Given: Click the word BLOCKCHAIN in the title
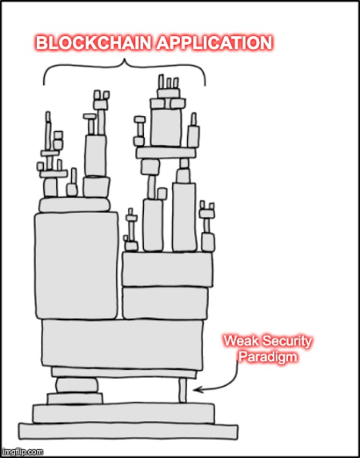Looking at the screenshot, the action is click(x=93, y=43).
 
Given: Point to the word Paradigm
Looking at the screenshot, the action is click(x=268, y=357).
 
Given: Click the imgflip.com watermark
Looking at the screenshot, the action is click(x=22, y=452).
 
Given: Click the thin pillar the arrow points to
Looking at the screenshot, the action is click(x=182, y=391).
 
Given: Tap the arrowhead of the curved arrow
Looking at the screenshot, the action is click(x=196, y=390).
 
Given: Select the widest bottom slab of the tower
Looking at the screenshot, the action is click(x=128, y=432).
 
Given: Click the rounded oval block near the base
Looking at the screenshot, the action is click(x=77, y=385).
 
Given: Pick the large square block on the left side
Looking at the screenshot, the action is click(x=77, y=266).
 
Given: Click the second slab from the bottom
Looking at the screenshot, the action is click(x=124, y=413).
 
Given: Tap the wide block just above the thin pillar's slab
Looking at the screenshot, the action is click(x=122, y=343).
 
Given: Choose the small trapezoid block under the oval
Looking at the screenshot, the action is click(x=75, y=399).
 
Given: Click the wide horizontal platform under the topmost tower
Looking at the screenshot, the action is click(x=166, y=153).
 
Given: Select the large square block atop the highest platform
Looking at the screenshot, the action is click(x=166, y=127).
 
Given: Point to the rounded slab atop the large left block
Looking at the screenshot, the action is click(x=74, y=204).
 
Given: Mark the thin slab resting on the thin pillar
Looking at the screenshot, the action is click(x=124, y=373).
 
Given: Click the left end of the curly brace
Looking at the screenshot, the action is click(x=44, y=84).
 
